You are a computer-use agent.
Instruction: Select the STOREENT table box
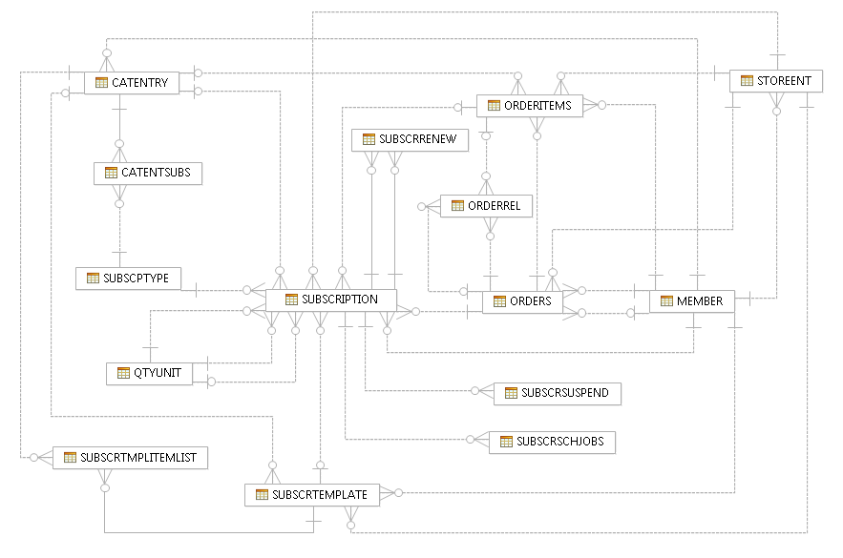click(x=775, y=81)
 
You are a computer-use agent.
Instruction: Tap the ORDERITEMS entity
click(x=530, y=106)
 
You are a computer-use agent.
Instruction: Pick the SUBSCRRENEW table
click(x=410, y=139)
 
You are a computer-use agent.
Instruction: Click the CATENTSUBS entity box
click(x=147, y=173)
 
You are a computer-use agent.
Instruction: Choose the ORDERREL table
click(x=486, y=205)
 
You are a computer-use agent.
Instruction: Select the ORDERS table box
click(x=522, y=301)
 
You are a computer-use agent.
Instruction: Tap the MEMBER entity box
click(x=691, y=301)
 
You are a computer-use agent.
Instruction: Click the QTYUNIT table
click(x=149, y=373)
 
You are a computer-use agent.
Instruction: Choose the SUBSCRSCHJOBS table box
click(x=552, y=442)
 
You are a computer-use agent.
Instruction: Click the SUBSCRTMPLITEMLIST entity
click(x=129, y=458)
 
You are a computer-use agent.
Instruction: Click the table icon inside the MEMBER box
click(x=665, y=301)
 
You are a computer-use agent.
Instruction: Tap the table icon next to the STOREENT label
click(x=746, y=81)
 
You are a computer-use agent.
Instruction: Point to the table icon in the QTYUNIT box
click(x=121, y=373)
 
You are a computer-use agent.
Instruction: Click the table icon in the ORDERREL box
click(x=456, y=205)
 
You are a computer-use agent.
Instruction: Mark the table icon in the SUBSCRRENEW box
click(x=369, y=139)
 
